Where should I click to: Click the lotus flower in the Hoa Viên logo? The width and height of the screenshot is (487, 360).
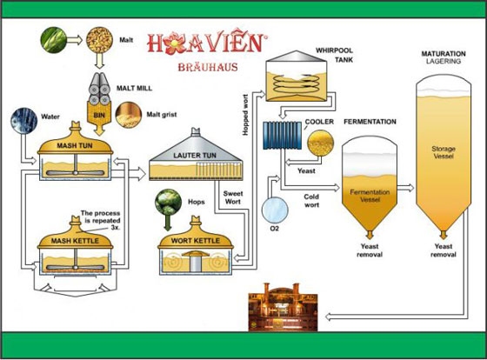pos(175,43)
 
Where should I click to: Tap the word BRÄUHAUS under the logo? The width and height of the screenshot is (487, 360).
pos(208,67)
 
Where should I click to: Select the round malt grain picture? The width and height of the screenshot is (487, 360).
pos(99,40)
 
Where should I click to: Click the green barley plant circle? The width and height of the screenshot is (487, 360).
pos(54,40)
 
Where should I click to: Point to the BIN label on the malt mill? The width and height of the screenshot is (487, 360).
pos(99,116)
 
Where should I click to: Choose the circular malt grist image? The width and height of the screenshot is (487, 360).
pos(129,115)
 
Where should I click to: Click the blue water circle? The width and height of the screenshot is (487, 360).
pos(24,121)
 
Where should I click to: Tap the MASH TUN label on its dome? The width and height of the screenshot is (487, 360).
pos(75,145)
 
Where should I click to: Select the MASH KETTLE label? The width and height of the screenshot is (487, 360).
pos(75,241)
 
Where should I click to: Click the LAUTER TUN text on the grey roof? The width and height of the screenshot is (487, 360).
pos(195,156)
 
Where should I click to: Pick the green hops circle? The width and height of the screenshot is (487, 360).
pos(169,203)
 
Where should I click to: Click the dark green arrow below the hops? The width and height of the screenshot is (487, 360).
pos(168,223)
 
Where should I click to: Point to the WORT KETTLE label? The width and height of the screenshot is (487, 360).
pos(196,241)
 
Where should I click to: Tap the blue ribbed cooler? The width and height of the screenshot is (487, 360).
pos(283,136)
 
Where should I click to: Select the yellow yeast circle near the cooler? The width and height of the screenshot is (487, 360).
pos(321,143)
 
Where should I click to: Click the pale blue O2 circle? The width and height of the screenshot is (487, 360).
pos(275,210)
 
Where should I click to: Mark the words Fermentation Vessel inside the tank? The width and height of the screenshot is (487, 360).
pos(370,196)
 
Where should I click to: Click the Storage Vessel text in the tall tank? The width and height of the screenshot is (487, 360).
pos(444,152)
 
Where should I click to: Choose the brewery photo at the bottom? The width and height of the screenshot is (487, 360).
pos(283,307)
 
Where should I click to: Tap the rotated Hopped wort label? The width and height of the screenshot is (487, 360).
pos(245,115)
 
